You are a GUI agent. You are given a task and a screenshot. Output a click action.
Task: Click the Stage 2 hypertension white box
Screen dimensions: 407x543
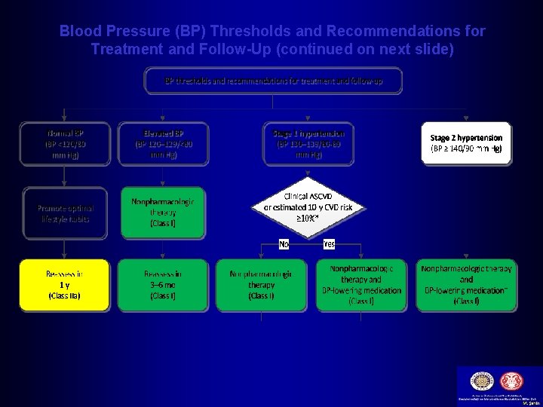tap(466, 143)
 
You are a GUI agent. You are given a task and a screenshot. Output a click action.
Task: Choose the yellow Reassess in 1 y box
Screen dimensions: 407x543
tap(64, 285)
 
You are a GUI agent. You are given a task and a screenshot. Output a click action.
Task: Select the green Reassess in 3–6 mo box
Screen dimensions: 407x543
tap(163, 285)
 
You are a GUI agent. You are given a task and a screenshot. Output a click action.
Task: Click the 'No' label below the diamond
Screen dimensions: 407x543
tap(284, 244)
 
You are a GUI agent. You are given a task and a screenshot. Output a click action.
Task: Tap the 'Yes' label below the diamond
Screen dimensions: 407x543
tap(329, 244)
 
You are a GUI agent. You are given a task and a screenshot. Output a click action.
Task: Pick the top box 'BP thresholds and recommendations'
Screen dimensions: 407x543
tap(274, 81)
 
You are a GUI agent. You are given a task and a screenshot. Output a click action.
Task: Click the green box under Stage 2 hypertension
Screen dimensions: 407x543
tap(466, 285)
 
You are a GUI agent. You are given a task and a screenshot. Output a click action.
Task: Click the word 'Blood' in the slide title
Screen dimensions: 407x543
tap(78, 32)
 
